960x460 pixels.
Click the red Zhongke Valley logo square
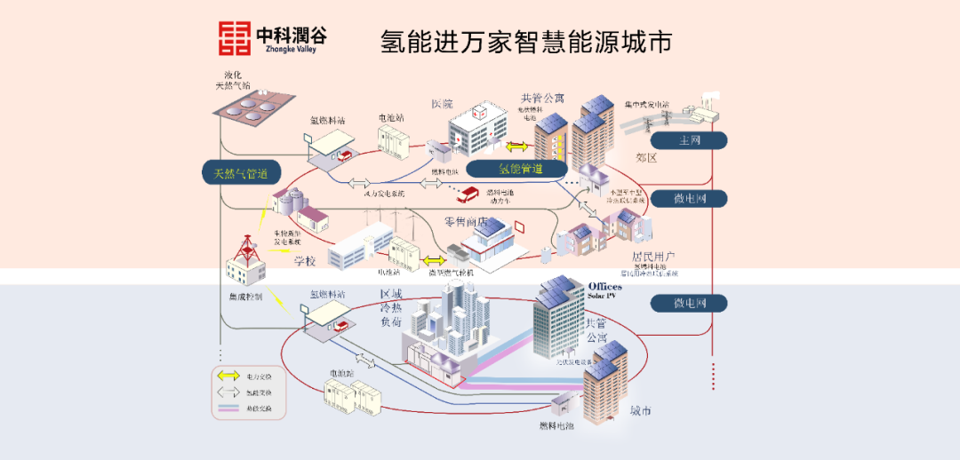pyautogui.click(x=235, y=37)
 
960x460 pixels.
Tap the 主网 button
pyautogui.click(x=689, y=140)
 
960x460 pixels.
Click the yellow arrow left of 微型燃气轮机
pyautogui.click(x=435, y=260)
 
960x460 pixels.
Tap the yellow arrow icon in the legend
pyautogui.click(x=228, y=377)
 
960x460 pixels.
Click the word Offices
pyautogui.click(x=605, y=286)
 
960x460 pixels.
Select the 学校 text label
pyautogui.click(x=305, y=261)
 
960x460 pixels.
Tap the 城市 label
pyautogui.click(x=640, y=410)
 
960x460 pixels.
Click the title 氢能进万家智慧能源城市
pyautogui.click(x=525, y=41)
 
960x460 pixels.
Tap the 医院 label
pyautogui.click(x=443, y=104)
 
